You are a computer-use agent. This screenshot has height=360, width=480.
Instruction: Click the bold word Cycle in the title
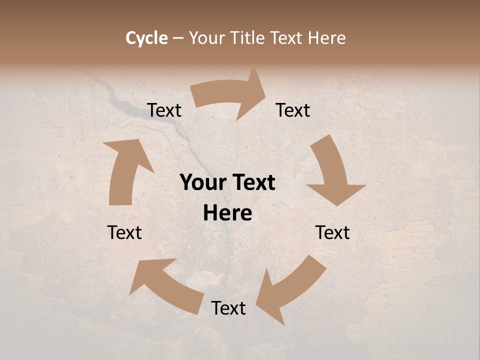(146, 38)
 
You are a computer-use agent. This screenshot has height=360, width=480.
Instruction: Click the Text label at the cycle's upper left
(164, 110)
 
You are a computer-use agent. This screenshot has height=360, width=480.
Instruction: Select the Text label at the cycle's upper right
(293, 110)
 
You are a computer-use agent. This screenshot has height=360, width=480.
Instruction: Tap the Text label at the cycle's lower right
(332, 232)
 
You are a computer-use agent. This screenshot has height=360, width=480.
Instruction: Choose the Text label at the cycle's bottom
(228, 308)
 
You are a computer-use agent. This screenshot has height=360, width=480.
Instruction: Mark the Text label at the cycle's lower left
(124, 232)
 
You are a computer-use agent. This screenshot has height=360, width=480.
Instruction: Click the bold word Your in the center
(202, 183)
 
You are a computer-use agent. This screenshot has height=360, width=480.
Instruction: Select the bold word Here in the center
(227, 213)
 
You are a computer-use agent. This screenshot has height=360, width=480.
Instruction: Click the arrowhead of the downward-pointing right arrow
(336, 193)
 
